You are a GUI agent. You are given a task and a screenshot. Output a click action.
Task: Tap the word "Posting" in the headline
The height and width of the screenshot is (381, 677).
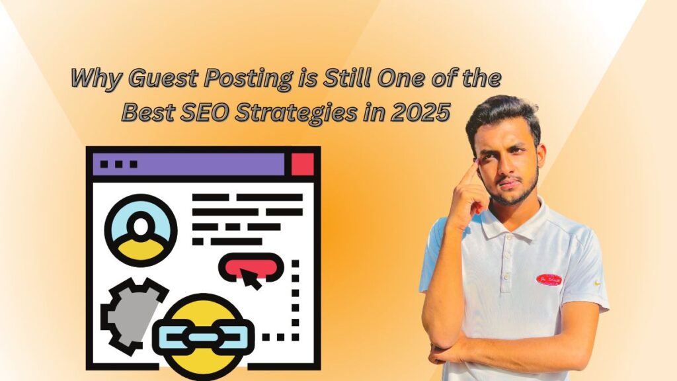248,79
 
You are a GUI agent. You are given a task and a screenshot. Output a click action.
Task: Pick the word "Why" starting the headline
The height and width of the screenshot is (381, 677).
97,79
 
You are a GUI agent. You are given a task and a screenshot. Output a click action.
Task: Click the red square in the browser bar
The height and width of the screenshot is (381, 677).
302,164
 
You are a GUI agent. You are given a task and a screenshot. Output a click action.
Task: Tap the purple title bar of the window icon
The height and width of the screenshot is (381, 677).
189,164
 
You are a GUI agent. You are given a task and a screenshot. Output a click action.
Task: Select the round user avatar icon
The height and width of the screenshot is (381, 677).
141,230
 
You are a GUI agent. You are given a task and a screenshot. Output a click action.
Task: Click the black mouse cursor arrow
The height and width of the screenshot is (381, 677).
251,278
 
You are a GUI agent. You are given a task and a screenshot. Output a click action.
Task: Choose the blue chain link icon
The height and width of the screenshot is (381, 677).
203,337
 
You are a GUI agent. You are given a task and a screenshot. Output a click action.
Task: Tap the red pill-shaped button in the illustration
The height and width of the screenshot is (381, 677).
251,267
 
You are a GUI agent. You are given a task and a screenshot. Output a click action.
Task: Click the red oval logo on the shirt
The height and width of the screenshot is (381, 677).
549,280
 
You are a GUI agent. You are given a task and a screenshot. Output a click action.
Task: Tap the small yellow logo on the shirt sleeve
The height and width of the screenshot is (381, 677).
598,283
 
